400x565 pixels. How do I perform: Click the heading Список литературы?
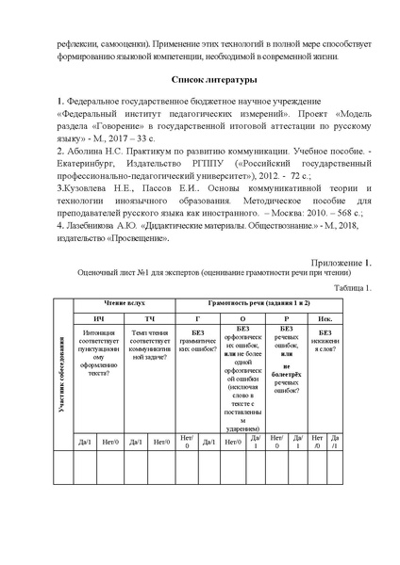[200, 81]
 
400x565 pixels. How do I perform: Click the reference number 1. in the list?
[60, 101]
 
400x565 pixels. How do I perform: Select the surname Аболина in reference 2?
[87, 149]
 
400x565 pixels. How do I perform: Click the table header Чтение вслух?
[125, 306]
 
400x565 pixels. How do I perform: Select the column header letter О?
[243, 320]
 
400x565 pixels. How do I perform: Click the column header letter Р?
[286, 320]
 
